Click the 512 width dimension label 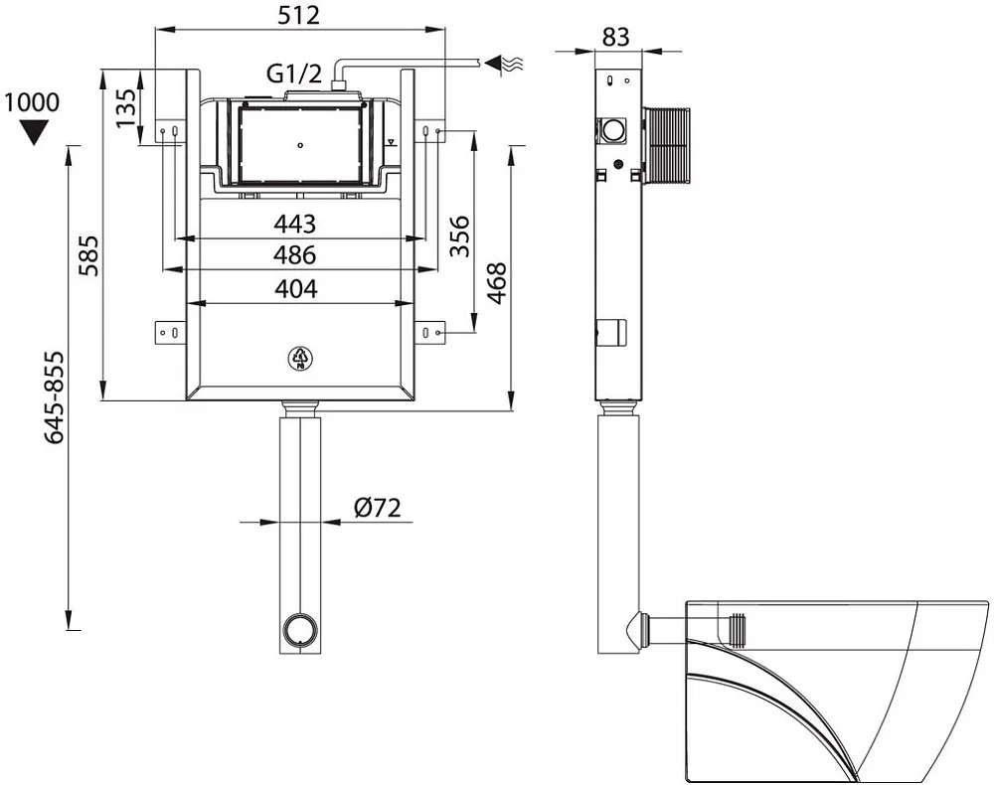298,15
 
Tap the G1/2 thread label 293,74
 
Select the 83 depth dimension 615,37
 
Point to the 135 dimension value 126,107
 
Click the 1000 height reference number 32,102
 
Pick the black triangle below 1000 33,132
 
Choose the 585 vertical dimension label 89,255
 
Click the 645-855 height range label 54,397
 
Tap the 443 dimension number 295,224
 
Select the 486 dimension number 295,255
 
